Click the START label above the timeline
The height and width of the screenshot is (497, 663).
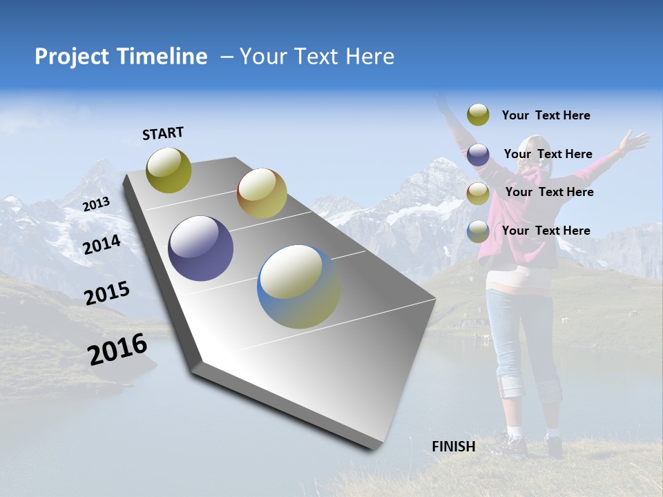tap(163, 133)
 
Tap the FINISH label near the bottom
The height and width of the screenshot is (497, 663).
tap(454, 447)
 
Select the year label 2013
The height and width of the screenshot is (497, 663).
tap(96, 204)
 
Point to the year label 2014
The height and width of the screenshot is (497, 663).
tap(102, 244)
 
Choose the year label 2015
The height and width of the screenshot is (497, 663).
tap(107, 293)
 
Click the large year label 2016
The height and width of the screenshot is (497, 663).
tap(117, 349)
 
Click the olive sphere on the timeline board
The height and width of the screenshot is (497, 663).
tap(169, 170)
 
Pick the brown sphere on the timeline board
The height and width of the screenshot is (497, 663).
tap(262, 193)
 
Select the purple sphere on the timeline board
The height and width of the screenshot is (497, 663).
tap(200, 248)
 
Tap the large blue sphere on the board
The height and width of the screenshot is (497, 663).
tap(298, 286)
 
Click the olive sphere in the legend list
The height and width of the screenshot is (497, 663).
tap(478, 115)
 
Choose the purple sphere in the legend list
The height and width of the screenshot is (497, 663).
tap(478, 155)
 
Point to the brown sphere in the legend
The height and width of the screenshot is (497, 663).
tap(478, 193)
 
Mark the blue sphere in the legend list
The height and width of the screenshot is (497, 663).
tap(478, 231)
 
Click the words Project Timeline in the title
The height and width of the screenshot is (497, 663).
tap(121, 57)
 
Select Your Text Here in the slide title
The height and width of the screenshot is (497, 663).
tap(316, 57)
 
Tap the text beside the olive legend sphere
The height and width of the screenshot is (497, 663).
tap(546, 115)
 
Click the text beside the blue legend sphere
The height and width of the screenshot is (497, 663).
tap(546, 231)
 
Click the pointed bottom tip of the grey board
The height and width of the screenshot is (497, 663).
tap(373, 447)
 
